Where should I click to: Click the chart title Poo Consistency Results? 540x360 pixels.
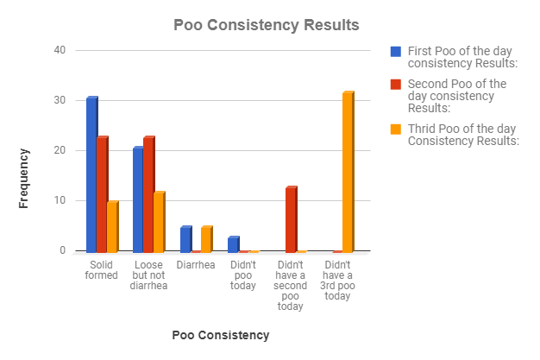266,24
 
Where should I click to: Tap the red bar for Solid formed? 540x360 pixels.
102,194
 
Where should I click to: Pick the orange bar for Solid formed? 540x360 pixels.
112,226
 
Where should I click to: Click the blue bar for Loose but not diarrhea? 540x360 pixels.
138,199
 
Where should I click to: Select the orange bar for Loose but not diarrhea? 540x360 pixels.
159,222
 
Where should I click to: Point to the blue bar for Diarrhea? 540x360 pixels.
185,239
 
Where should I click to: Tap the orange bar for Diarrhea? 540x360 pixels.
206,239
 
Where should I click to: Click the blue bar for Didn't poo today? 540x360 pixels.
233,244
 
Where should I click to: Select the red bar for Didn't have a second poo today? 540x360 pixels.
291,219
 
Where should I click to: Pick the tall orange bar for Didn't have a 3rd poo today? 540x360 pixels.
348,172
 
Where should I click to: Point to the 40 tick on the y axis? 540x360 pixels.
60,50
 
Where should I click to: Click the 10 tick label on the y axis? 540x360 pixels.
60,201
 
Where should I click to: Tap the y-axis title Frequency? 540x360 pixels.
24,178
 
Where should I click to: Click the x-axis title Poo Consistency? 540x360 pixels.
221,334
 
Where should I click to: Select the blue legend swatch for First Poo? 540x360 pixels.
396,51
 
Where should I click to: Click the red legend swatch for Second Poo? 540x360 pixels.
396,85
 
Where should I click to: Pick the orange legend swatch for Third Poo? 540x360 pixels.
396,129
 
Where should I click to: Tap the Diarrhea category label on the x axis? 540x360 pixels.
196,265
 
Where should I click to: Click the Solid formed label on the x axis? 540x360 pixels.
102,269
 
